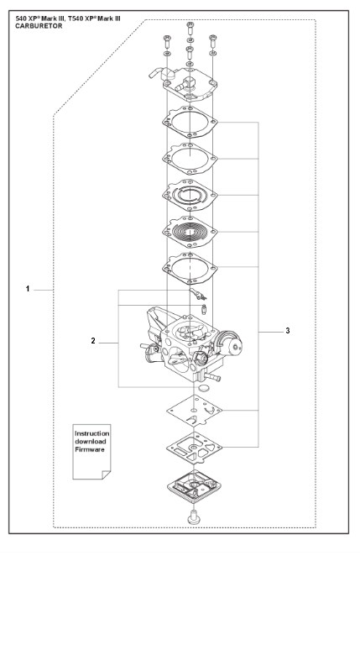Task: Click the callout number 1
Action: pos(28,289)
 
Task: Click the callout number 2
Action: pos(93,341)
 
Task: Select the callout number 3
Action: pos(288,331)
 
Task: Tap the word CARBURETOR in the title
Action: pos(39,26)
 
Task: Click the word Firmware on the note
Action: pos(90,449)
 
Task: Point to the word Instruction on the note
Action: pos(92,433)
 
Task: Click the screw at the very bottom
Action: pos(193,517)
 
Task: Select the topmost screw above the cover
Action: pos(190,28)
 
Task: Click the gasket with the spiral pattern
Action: pos(190,231)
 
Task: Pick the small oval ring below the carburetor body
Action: pos(203,388)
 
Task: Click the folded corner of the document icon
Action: pos(106,475)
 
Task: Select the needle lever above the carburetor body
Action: pos(198,294)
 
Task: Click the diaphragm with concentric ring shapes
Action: pos(190,195)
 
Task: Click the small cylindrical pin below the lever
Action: pos(203,309)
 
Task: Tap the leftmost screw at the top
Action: pos(167,41)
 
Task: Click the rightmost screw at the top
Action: pos(213,40)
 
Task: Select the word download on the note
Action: pos(91,442)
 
